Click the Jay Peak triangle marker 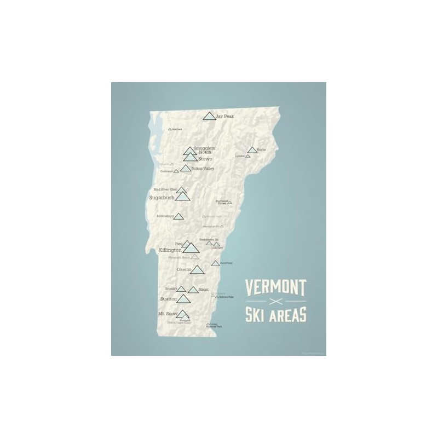click(208, 116)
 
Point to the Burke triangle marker click(252, 149)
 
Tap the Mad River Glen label click(164, 189)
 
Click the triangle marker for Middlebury click(178, 216)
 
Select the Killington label click(170, 250)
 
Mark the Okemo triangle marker click(197, 269)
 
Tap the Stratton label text click(168, 299)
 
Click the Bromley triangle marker click(181, 289)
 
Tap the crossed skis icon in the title click(274, 303)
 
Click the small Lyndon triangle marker click(248, 156)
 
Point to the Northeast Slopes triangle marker click(230, 203)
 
